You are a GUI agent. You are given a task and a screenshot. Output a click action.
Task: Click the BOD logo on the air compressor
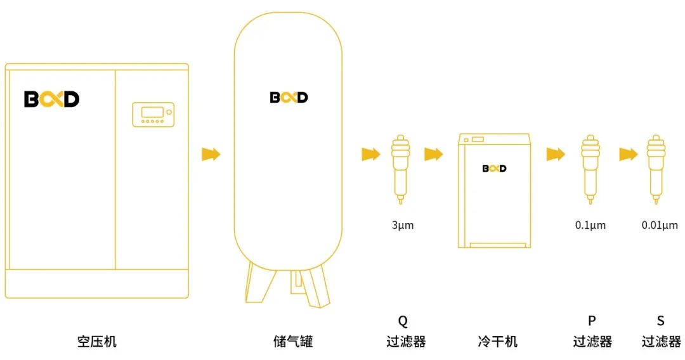pos(51,100)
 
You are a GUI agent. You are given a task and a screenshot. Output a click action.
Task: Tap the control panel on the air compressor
pos(153,114)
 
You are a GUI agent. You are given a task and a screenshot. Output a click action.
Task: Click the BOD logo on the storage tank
pos(289,97)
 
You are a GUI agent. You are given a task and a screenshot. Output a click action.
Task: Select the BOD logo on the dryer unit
pos(494,169)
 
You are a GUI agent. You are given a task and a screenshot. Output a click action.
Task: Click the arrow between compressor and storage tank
pos(211,154)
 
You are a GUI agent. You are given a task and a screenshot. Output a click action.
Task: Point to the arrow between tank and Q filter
pos(370,154)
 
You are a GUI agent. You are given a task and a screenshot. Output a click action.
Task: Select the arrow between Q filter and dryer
pos(433,154)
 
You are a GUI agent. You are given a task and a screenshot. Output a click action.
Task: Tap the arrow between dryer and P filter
pos(556,154)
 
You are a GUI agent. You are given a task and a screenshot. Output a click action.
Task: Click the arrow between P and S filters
pos(628,154)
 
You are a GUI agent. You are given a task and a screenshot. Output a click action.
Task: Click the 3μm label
pos(402,225)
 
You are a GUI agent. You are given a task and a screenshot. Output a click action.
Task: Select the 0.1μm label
pos(590,225)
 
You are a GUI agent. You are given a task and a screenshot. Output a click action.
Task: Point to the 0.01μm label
pos(660,225)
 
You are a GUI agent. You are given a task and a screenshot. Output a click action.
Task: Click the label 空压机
pos(97,342)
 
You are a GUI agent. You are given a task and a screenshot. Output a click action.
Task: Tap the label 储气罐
pos(293,342)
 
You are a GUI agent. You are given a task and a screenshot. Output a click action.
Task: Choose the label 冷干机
pos(497,342)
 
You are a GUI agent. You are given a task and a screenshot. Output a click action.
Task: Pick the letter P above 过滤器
pos(592,321)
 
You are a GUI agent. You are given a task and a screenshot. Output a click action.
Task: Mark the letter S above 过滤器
pos(661,321)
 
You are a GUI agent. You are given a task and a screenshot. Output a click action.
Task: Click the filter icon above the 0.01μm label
pos(655,168)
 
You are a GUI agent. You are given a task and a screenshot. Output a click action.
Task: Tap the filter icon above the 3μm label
pos(400,168)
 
